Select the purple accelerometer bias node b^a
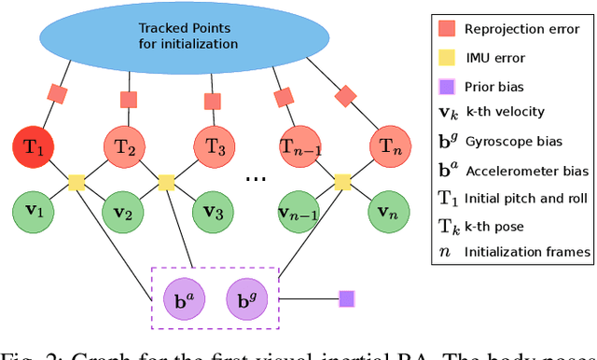185,299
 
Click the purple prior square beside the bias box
347,299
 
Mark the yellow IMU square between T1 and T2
78,179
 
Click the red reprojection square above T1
57,94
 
